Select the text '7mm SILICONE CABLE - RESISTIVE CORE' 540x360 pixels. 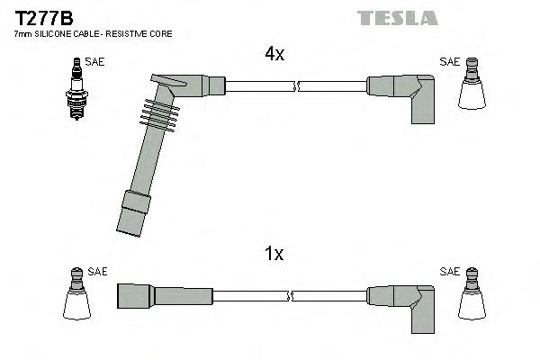click(x=93, y=33)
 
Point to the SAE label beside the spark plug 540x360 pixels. click(x=94, y=61)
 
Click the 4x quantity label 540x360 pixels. click(x=274, y=54)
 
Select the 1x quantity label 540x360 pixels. click(x=274, y=254)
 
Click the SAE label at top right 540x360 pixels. click(x=449, y=61)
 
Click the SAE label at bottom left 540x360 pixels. click(x=97, y=271)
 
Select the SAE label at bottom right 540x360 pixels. click(x=449, y=271)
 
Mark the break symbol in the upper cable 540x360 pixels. click(x=296, y=86)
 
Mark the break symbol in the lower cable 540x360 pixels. click(x=290, y=295)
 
